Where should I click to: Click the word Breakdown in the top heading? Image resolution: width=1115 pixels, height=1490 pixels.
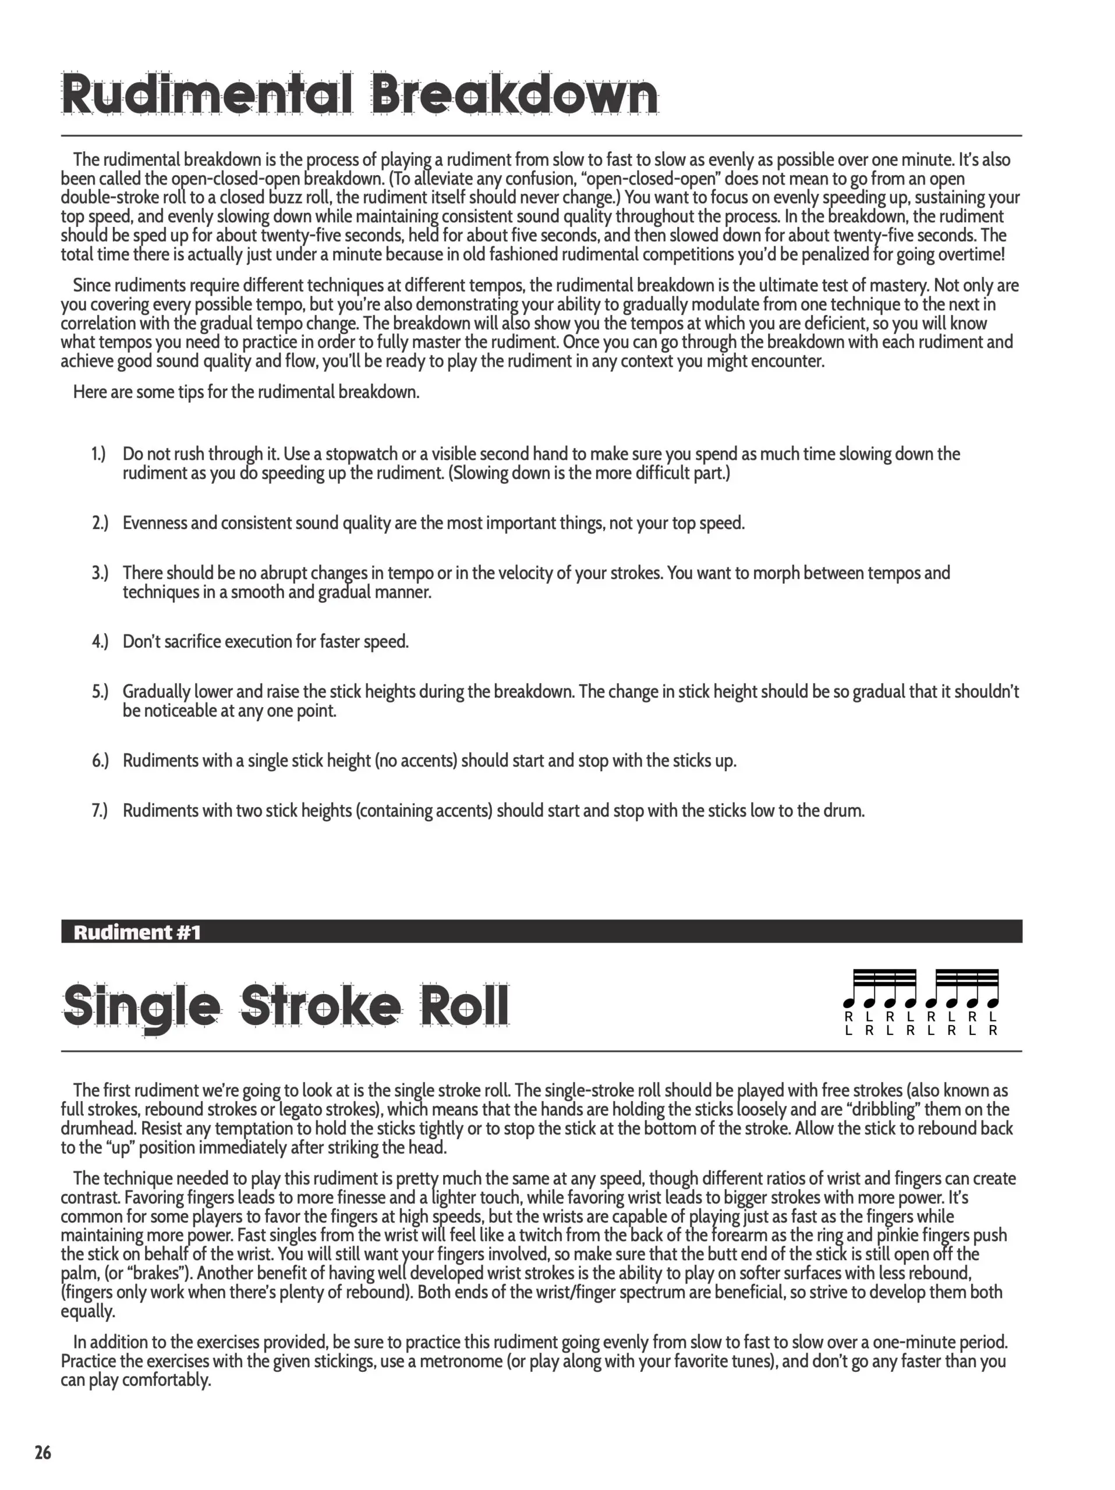pyautogui.click(x=514, y=95)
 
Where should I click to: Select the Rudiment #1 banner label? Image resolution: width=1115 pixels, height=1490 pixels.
pyautogui.click(x=137, y=932)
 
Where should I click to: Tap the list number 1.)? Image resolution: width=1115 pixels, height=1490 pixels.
pyautogui.click(x=99, y=454)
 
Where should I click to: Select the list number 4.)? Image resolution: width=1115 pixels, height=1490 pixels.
pyautogui.click(x=100, y=641)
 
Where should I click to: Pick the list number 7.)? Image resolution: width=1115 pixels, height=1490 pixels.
pyautogui.click(x=100, y=810)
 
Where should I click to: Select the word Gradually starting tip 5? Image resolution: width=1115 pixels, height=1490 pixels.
pyautogui.click(x=156, y=692)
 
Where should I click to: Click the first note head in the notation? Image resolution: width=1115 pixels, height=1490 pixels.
pyautogui.click(x=849, y=1003)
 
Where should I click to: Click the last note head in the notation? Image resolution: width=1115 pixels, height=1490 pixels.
pyautogui.click(x=992, y=1003)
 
